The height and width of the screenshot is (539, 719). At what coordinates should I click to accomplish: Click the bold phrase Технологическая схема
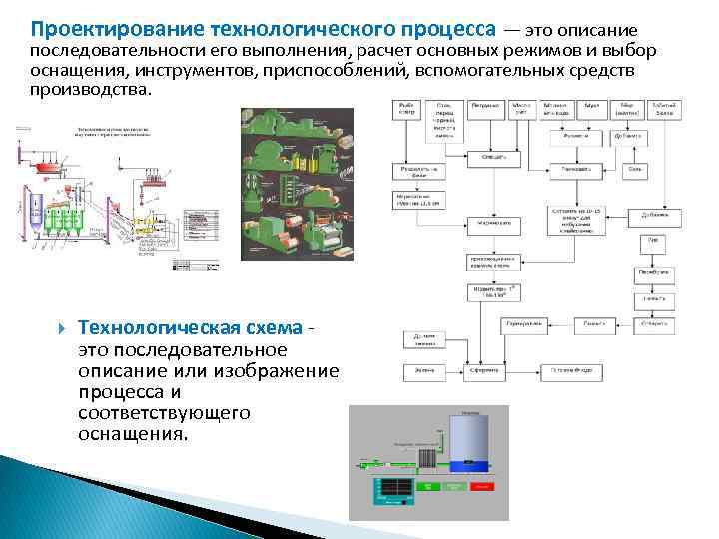pos(190,329)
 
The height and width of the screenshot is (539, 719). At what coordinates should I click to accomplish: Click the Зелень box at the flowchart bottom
pos(422,372)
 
